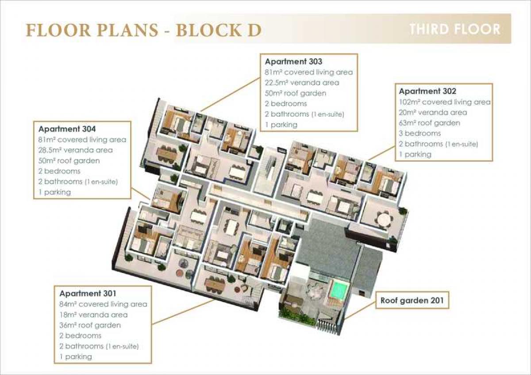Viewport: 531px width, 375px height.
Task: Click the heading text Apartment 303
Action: (x=293, y=61)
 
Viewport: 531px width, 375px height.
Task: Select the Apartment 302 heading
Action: (x=427, y=91)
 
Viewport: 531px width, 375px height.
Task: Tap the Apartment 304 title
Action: (x=67, y=129)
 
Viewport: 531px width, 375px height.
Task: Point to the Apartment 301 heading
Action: (x=88, y=293)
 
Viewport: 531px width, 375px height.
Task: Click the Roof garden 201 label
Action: (x=412, y=300)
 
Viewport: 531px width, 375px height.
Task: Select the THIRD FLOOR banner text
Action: (x=455, y=29)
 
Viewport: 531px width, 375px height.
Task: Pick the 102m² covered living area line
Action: (x=445, y=102)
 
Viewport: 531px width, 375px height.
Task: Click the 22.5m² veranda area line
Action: (x=302, y=83)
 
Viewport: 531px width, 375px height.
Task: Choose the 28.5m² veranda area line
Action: (x=75, y=150)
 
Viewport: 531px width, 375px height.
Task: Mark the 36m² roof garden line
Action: (x=90, y=325)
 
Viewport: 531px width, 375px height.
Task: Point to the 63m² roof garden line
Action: (x=430, y=123)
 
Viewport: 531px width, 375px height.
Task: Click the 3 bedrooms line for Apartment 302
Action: (x=420, y=133)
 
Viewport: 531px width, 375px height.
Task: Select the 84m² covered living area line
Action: (x=104, y=304)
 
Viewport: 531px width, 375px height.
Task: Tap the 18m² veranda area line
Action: (x=94, y=314)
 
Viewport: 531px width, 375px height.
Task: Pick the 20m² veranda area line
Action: (x=433, y=112)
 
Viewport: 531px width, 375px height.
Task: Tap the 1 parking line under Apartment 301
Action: (x=76, y=356)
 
